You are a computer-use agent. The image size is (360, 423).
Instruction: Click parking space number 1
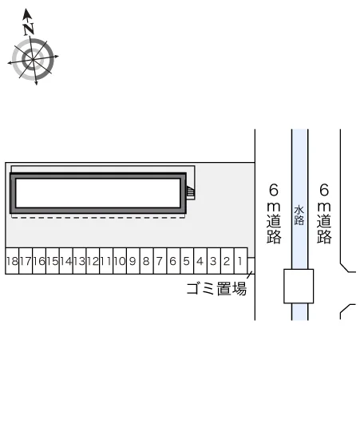click(x=241, y=261)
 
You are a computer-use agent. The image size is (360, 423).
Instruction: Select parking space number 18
click(x=12, y=261)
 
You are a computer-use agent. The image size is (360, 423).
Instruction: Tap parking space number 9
click(x=133, y=261)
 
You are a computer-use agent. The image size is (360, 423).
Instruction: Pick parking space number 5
click(x=187, y=261)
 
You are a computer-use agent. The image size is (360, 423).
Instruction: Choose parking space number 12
click(x=93, y=261)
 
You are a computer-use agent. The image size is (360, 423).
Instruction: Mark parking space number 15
click(x=53, y=261)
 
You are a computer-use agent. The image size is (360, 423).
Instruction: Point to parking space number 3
click(x=214, y=261)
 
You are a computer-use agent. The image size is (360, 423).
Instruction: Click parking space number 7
click(x=160, y=261)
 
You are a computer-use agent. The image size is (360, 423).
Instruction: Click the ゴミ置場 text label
click(x=216, y=289)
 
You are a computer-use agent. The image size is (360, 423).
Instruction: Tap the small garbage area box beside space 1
click(x=251, y=266)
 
